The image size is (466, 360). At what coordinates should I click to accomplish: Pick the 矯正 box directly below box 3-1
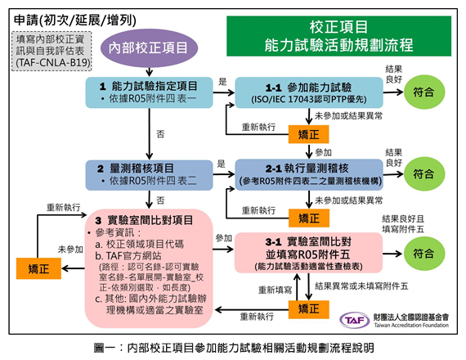[x=307, y=308]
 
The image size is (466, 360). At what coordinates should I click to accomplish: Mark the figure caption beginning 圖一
[x=234, y=348]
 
